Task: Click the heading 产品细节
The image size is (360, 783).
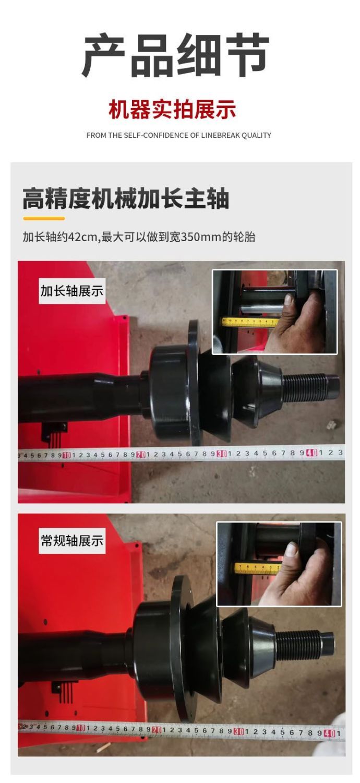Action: coord(175,55)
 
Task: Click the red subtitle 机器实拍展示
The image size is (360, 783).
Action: coord(172,110)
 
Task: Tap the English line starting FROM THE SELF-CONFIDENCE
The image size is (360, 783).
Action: coord(178,135)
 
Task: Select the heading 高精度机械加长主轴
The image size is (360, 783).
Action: coord(126,198)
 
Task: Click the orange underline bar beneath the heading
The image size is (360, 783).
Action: coord(44,219)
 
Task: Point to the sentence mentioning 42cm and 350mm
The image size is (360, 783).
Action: coord(139,237)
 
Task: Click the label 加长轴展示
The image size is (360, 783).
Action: coord(72,291)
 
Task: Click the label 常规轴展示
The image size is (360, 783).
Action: coord(72,541)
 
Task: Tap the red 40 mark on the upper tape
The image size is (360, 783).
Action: coord(311,453)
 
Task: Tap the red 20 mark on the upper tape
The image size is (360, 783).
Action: coord(141,455)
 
